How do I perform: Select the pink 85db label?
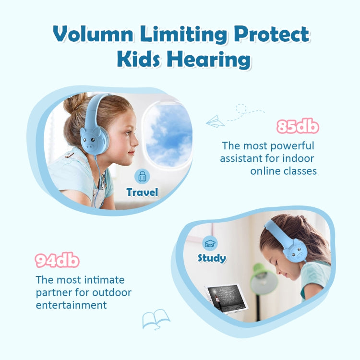(x=298, y=126)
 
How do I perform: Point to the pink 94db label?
(x=57, y=261)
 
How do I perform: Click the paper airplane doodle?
(x=215, y=121)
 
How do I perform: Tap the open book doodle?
(x=156, y=319)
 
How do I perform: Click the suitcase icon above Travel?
(x=142, y=177)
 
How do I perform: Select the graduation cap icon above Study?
(x=211, y=242)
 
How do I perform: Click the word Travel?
(x=142, y=192)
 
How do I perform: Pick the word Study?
(x=212, y=258)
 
